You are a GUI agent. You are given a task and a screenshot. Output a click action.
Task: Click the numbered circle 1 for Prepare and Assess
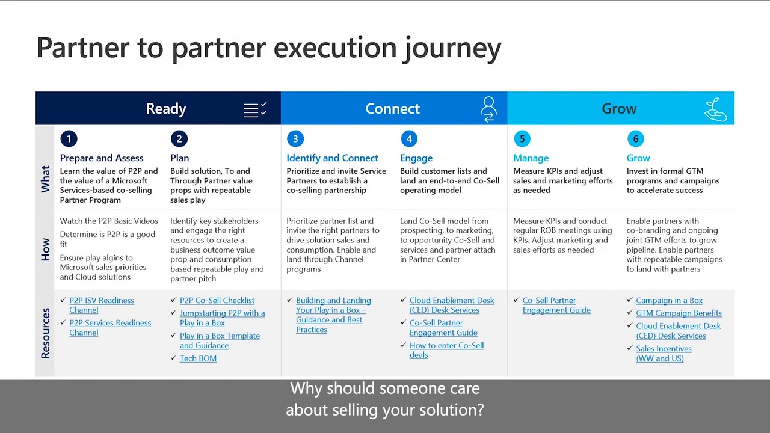click(69, 139)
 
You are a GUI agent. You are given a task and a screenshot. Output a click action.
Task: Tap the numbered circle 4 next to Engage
click(409, 139)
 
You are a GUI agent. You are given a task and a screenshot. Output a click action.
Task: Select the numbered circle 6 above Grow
click(636, 139)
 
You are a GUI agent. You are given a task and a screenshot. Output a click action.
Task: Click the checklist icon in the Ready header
click(255, 109)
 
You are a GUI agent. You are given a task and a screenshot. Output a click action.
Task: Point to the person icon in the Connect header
click(488, 109)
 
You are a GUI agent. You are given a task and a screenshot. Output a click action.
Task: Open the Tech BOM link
click(198, 358)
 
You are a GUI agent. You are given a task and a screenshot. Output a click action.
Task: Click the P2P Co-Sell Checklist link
click(217, 301)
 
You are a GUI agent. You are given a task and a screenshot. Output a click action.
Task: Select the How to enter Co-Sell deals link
click(446, 350)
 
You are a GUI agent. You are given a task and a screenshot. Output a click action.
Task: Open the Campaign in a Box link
click(669, 301)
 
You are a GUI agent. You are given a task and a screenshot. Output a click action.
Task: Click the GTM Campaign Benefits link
click(679, 313)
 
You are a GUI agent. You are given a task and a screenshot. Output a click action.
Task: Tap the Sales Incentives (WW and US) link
click(663, 354)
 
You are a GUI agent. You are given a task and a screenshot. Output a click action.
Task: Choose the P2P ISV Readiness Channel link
click(101, 306)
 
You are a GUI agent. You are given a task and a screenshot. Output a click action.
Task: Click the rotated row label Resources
click(46, 333)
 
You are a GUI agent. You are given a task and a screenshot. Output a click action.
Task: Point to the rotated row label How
click(46, 249)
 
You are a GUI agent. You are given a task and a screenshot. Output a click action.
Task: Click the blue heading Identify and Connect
click(332, 158)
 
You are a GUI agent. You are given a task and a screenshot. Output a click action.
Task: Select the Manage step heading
click(531, 158)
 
